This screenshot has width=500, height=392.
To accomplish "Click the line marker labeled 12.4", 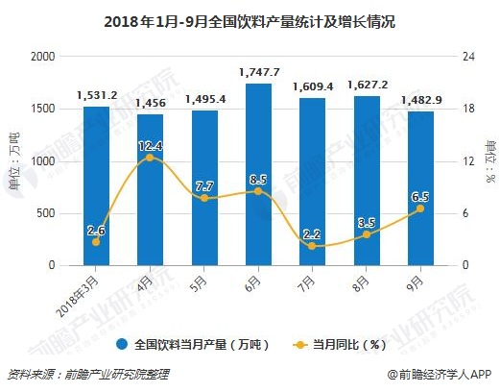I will [x=150, y=157].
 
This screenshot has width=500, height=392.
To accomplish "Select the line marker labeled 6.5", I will [x=419, y=208].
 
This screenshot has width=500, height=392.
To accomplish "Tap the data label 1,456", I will [x=150, y=103].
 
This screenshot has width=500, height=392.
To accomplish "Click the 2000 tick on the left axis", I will [x=43, y=57].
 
